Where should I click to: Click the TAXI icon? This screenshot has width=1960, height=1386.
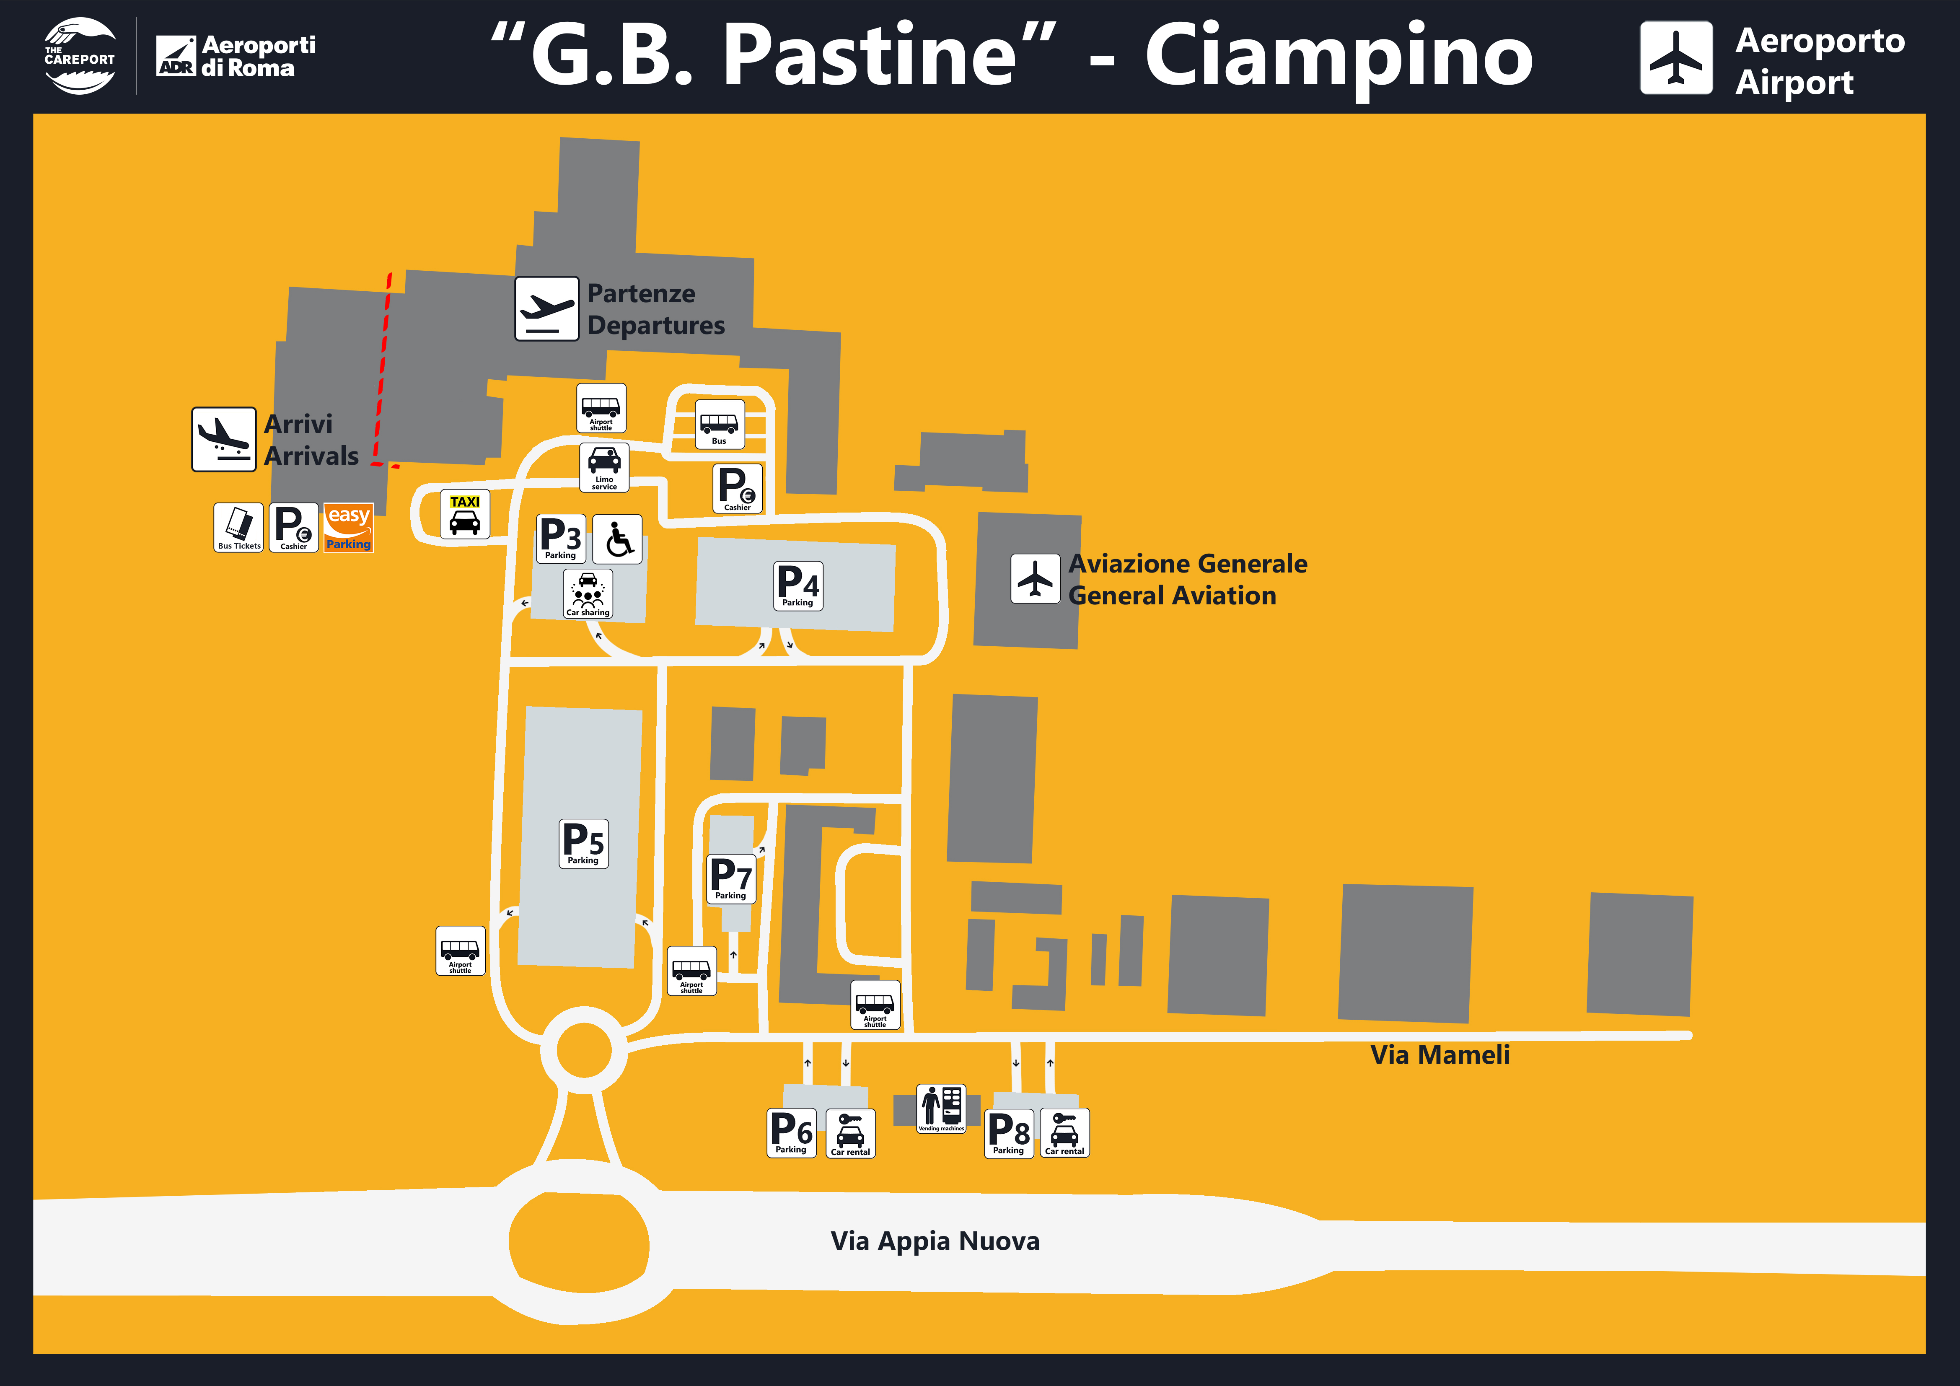(464, 514)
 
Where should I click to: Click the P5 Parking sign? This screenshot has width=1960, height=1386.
(583, 844)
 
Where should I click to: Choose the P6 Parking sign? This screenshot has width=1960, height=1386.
(791, 1132)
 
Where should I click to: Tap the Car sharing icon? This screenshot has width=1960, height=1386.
(587, 593)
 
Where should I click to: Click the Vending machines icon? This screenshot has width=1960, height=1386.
(941, 1109)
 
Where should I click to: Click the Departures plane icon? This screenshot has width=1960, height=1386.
(546, 308)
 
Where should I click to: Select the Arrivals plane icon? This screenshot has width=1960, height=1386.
(224, 439)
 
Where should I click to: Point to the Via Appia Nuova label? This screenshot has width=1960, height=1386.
(935, 1241)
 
